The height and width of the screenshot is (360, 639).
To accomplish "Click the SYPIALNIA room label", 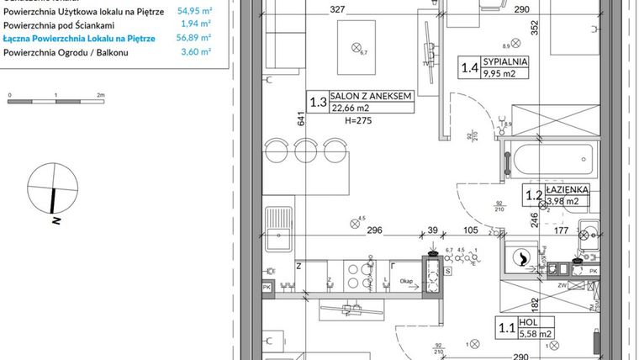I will pyautogui.click(x=511, y=61).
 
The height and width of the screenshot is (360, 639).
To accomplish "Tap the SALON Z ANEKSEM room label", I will pyautogui.click(x=370, y=97).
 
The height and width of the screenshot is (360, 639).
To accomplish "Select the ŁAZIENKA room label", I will pyautogui.click(x=566, y=189).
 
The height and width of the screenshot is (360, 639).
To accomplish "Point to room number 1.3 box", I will pyautogui.click(x=317, y=103).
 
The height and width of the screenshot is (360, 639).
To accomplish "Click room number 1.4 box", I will pyautogui.click(x=468, y=67).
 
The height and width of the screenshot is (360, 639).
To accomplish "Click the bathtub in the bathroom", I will pyautogui.click(x=551, y=158).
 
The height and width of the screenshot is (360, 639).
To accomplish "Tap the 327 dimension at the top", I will pyautogui.click(x=314, y=10).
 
